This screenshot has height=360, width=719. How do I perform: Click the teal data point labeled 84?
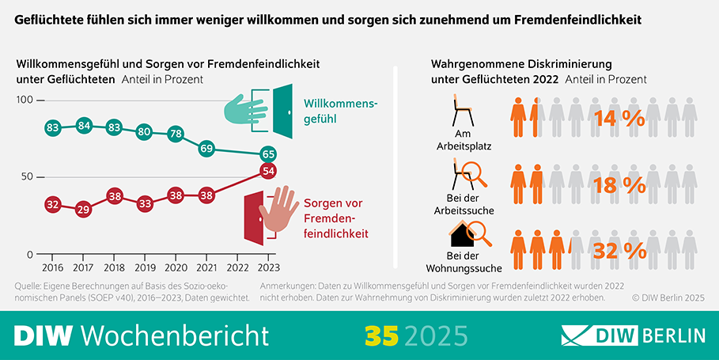(x=84, y=125)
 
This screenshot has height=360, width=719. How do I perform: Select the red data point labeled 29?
(x=84, y=210)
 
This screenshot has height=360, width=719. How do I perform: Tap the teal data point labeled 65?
(x=268, y=153)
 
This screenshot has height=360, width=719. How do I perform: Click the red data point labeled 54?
(x=268, y=171)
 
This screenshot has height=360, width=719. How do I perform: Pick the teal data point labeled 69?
(x=207, y=148)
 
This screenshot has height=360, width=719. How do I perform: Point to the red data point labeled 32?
(x=53, y=204)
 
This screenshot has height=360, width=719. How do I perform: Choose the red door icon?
(x=255, y=214)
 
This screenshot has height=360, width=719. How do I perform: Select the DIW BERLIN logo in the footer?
(x=633, y=335)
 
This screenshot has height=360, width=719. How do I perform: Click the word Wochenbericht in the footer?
(x=175, y=335)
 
